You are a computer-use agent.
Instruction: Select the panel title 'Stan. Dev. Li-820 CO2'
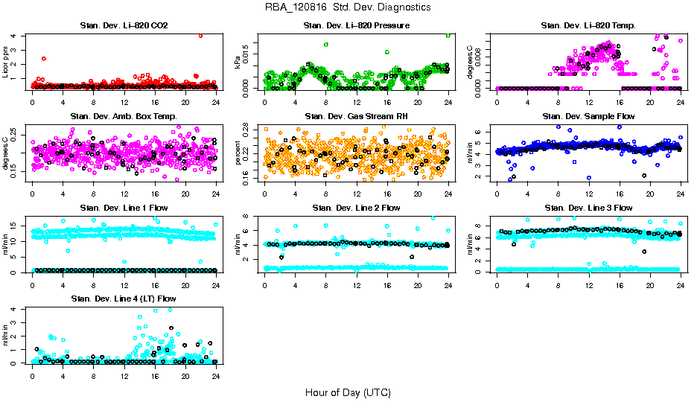pyautogui.click(x=124, y=26)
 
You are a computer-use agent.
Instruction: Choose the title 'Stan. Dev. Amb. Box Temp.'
pyautogui.click(x=124, y=117)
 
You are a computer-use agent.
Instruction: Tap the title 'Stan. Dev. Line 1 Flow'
pyautogui.click(x=124, y=208)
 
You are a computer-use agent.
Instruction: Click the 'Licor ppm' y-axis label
pyautogui.click(x=6, y=62)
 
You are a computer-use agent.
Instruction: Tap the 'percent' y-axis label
pyautogui.click(x=238, y=153)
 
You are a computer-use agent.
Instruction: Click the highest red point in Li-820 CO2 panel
pyautogui.click(x=200, y=35)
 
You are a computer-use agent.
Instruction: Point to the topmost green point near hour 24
pyautogui.click(x=448, y=35)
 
